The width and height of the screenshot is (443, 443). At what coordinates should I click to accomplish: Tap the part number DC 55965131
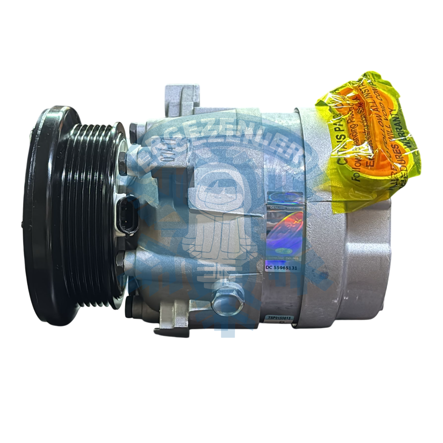(x=281, y=268)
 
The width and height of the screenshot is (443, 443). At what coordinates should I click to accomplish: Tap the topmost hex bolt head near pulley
(x=133, y=130)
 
